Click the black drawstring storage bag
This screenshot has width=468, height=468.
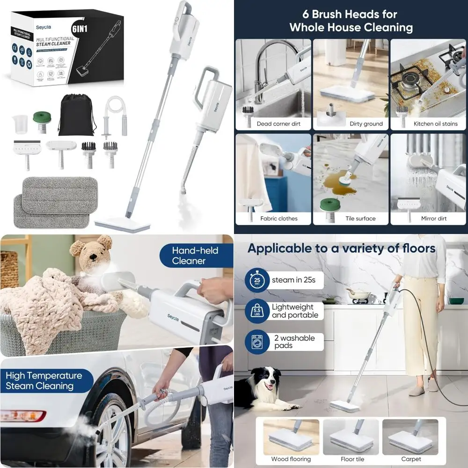click(76, 116)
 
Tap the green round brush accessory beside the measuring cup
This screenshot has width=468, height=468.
click(42, 122)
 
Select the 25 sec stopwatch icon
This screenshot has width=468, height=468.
click(256, 281)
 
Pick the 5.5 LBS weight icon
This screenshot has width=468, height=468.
click(256, 312)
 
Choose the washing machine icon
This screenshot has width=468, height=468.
click(256, 343)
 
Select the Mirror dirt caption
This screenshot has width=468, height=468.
click(433, 219)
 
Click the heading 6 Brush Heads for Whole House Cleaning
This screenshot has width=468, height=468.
click(351, 21)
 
